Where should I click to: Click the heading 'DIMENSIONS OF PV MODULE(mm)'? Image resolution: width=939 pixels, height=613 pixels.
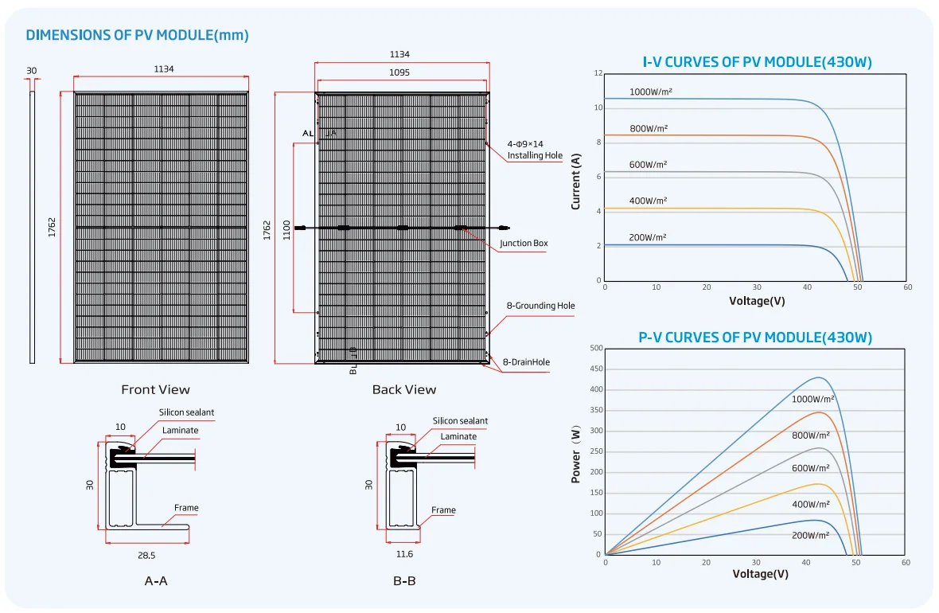(137, 35)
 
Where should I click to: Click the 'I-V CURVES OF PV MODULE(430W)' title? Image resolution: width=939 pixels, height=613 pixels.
(757, 62)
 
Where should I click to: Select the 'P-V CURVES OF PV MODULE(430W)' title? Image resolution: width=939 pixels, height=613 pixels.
(755, 338)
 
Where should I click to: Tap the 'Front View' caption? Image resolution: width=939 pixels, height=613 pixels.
(155, 389)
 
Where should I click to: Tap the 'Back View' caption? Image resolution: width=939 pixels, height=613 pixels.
(404, 389)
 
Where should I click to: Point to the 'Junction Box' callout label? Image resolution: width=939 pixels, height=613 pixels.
(524, 244)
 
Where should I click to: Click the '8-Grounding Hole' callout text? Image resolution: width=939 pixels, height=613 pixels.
(540, 306)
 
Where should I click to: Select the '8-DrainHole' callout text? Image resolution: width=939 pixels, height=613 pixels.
(526, 362)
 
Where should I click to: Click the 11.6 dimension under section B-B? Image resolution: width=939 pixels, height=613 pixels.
(403, 553)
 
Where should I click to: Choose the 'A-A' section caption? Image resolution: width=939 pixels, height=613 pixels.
(156, 581)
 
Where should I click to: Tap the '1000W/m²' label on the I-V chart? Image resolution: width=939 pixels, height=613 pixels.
(651, 92)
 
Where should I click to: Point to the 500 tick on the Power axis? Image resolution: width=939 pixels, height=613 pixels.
(596, 348)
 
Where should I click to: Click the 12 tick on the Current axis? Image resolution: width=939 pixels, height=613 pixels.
(597, 73)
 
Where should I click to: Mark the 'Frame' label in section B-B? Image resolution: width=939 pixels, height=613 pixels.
(443, 510)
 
